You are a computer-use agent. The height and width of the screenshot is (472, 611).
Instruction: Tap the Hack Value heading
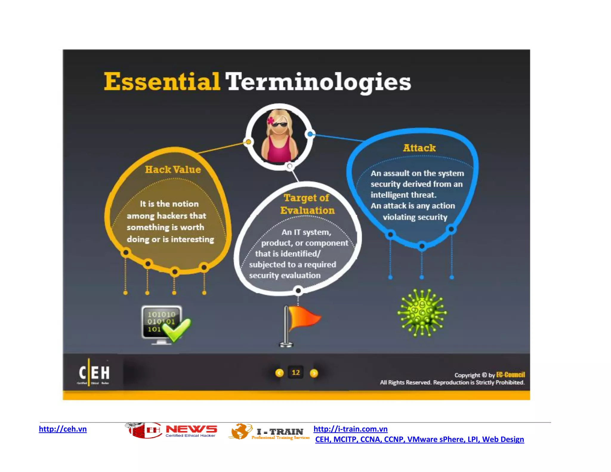[173, 169]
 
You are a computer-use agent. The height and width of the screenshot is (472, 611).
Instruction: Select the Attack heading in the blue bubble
[419, 148]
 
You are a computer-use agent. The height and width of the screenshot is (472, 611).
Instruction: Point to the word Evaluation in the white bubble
[307, 210]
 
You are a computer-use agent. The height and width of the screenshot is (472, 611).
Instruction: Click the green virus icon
[422, 313]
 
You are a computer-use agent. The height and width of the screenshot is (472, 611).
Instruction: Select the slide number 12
[296, 372]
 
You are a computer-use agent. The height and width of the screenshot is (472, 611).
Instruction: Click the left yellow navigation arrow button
[279, 373]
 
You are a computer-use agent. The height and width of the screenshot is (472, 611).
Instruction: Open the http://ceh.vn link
[63, 429]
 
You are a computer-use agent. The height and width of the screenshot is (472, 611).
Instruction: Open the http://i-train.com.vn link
[350, 429]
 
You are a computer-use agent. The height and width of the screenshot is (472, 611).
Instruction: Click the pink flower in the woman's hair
[271, 121]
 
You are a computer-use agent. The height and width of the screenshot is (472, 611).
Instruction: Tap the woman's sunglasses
[279, 125]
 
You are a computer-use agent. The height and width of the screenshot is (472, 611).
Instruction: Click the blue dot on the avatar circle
[310, 134]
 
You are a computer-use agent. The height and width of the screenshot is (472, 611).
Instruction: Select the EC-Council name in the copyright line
[510, 375]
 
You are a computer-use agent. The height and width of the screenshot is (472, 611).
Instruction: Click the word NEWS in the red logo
[191, 429]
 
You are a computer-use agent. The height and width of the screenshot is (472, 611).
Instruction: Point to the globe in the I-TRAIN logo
[240, 431]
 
